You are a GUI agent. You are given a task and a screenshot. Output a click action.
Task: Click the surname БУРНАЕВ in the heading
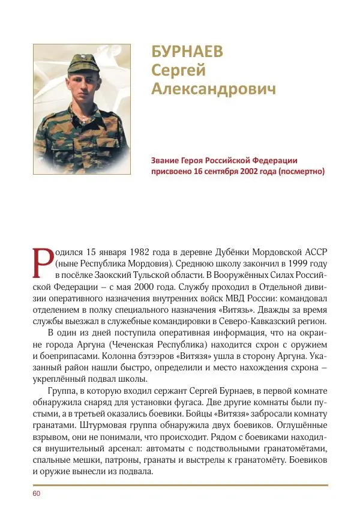click(187, 52)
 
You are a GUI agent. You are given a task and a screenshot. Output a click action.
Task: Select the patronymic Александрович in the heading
click(214, 90)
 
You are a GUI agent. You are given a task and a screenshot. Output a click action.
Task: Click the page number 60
click(36, 493)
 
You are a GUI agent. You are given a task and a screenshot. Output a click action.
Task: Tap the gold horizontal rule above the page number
click(180, 484)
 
